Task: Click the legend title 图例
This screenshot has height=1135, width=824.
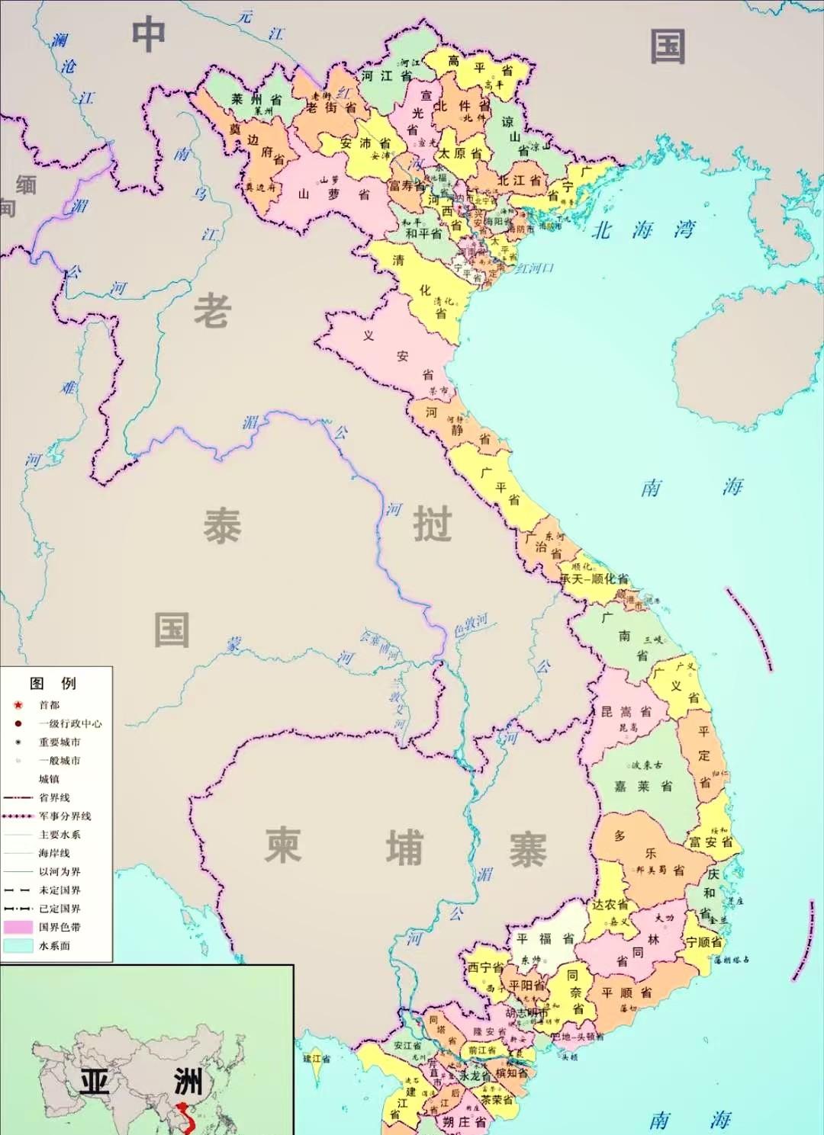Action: [x=53, y=683]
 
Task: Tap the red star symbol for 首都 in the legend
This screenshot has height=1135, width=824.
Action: [x=18, y=705]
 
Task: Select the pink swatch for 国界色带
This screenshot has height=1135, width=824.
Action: [x=18, y=927]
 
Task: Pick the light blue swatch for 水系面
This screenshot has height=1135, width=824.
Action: [x=18, y=945]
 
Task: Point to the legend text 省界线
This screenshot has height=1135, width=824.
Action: [x=54, y=797]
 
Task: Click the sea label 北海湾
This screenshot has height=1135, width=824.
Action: [x=642, y=229]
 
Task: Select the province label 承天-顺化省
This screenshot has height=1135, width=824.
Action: [x=594, y=579]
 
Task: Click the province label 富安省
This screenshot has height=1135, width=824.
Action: [x=710, y=842]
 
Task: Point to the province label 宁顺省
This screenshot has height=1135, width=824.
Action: [x=703, y=941]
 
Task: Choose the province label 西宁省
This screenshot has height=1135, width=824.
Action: [x=485, y=967]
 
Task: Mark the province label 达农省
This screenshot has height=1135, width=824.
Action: [x=610, y=905]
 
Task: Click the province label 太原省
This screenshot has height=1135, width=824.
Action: [x=459, y=153]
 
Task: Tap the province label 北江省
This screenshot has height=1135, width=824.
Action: [x=519, y=181]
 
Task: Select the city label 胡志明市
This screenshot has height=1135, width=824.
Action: [x=526, y=1013]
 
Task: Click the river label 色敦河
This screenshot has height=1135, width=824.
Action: [x=470, y=625]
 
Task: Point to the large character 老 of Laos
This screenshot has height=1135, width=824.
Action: [x=211, y=312]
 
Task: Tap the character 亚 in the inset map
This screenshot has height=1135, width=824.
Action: [x=95, y=1081]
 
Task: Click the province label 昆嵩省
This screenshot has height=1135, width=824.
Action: [x=626, y=712]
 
